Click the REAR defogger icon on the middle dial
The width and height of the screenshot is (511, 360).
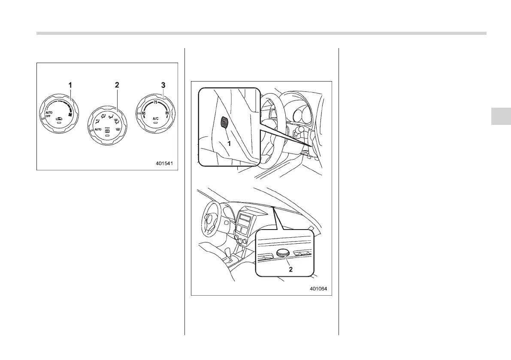[108, 130]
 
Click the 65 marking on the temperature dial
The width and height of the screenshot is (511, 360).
[144, 113]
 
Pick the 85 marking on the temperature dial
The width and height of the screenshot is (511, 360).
[167, 113]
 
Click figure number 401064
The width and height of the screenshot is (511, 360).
[318, 288]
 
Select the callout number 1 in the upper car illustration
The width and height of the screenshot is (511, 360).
[229, 144]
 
